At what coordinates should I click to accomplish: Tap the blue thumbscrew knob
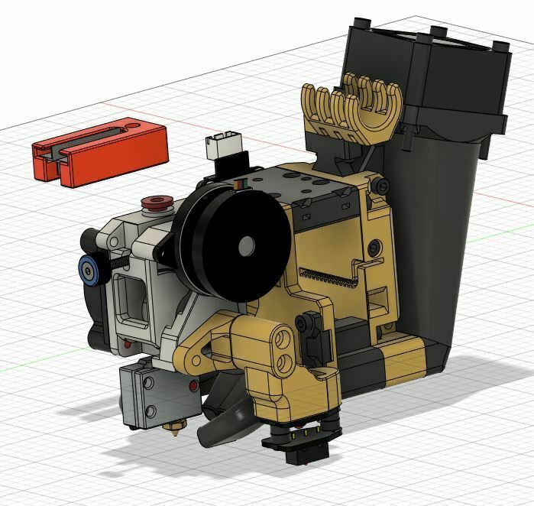[90, 269]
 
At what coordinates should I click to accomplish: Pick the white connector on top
[222, 145]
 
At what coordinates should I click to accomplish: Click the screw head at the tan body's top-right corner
[379, 184]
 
